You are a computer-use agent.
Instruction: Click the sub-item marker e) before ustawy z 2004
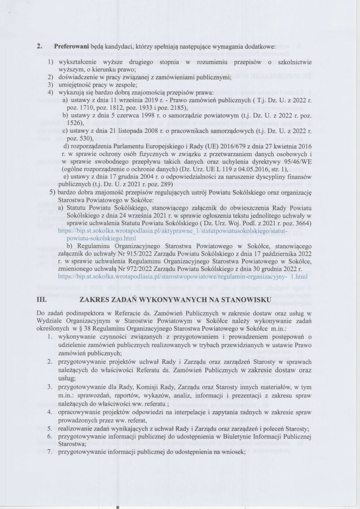(x=66, y=177)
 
